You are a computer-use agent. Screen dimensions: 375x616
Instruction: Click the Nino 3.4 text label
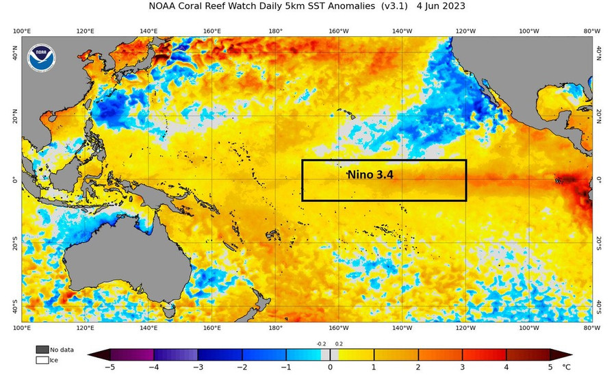[x=374, y=175]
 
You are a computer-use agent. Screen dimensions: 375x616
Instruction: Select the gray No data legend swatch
[x=42, y=349]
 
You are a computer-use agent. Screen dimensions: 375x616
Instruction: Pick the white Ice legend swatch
[x=42, y=359]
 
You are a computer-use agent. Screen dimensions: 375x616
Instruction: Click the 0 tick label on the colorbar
[x=331, y=367]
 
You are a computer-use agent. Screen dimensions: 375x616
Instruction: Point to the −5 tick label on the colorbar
[x=110, y=367]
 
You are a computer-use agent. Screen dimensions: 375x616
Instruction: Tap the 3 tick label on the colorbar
[x=463, y=367]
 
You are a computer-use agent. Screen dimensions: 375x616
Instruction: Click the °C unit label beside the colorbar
[x=566, y=367]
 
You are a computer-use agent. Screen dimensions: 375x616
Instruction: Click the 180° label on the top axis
[x=275, y=31]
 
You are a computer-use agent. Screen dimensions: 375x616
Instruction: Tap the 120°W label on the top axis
[x=465, y=31]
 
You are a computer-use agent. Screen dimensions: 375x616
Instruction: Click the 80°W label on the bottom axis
[x=592, y=328]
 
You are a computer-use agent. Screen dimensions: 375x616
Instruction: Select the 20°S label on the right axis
[x=598, y=243]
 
